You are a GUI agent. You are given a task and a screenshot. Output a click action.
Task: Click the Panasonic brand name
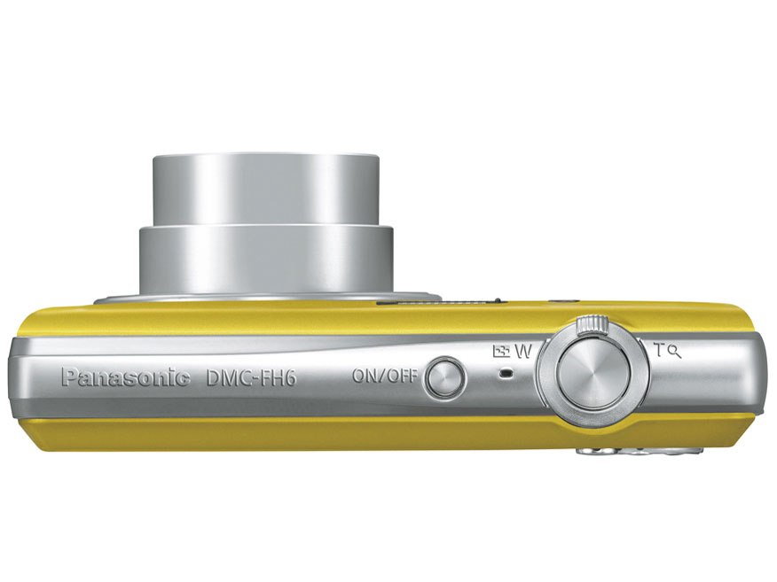pos(125,378)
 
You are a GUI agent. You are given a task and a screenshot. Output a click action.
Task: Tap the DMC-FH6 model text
pos(251,378)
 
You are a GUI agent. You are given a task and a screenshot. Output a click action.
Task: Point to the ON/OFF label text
pos(384,375)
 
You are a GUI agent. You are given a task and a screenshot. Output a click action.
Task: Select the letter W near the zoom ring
pos(522,350)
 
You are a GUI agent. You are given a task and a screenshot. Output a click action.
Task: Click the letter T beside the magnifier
pos(659,350)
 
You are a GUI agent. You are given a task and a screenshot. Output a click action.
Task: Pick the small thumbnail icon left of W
pos(502,351)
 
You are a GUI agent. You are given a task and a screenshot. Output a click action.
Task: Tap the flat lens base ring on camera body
pos(266,299)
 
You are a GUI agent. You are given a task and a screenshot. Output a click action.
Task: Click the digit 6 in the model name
pos(289,378)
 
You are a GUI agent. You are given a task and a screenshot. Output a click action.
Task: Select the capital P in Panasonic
pos(69,378)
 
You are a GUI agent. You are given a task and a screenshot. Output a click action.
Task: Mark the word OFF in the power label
pos(401,375)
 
